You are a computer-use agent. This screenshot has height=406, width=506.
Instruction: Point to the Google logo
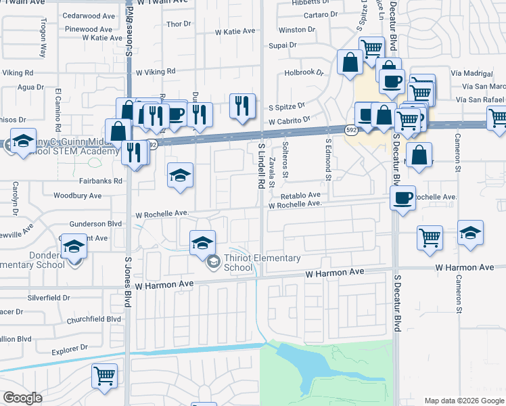click(22, 398)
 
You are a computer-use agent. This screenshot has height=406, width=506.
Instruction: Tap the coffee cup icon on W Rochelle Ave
click(403, 199)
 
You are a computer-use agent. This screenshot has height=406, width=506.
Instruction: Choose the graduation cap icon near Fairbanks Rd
click(181, 176)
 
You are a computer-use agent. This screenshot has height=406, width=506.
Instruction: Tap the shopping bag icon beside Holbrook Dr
click(350, 63)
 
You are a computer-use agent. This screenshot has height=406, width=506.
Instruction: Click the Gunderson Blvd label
click(95, 223)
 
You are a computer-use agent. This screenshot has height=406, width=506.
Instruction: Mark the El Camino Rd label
click(59, 110)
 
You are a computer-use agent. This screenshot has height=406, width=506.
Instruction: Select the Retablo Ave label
click(304, 194)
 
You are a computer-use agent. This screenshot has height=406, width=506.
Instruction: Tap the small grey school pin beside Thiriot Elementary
click(213, 262)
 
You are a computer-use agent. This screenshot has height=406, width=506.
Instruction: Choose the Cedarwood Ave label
click(88, 16)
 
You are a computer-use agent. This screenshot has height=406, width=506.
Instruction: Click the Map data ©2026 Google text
click(463, 401)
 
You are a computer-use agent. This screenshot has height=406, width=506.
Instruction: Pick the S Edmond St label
click(328, 161)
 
